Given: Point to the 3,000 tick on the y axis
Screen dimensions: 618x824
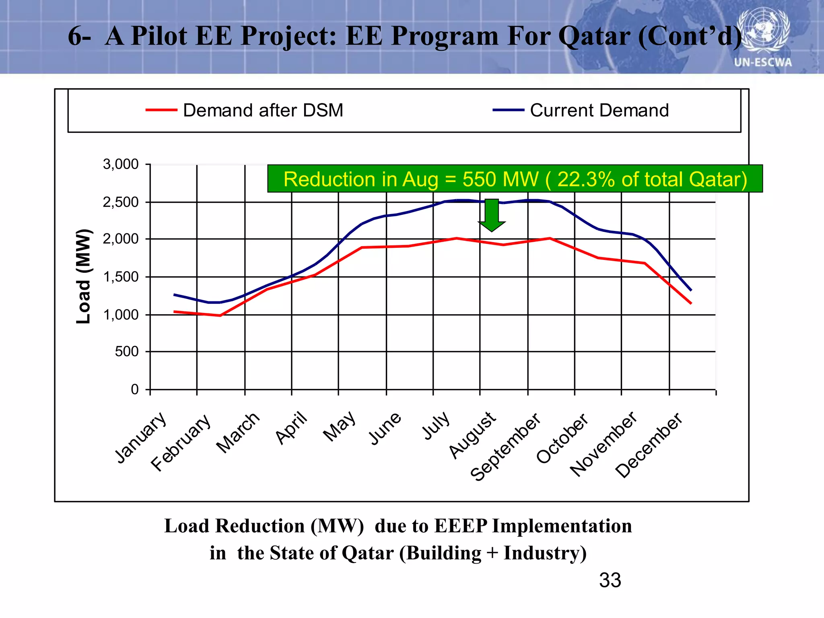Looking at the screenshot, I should click(x=121, y=164).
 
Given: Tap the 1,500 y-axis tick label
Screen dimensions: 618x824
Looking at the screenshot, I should click(x=121, y=277).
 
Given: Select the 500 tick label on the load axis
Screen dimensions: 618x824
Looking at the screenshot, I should click(x=127, y=352).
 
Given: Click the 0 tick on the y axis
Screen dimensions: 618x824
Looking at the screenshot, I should click(x=135, y=389).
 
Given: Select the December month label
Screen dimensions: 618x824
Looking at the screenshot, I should click(x=649, y=445).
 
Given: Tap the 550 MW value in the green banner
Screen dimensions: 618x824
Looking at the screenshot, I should click(x=500, y=179).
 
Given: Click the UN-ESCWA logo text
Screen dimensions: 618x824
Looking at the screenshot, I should click(x=763, y=62).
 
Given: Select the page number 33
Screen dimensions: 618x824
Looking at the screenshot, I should click(x=610, y=580).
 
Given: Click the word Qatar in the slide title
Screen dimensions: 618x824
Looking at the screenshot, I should click(x=594, y=36).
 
